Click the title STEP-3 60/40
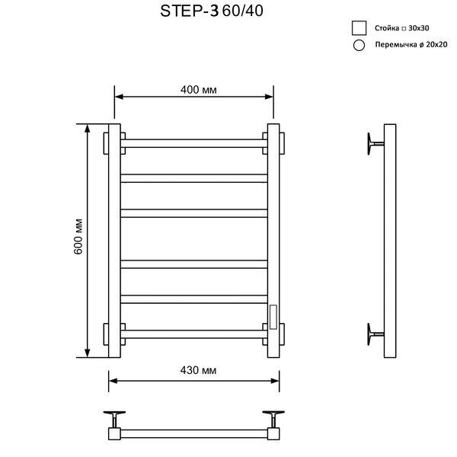click(212, 11)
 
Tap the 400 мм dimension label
click(199, 89)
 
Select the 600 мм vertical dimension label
click(78, 237)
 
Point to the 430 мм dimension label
click(198, 370)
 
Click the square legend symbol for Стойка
click(359, 28)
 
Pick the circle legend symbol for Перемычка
click(359, 46)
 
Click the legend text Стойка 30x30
click(401, 28)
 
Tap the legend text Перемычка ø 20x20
click(411, 45)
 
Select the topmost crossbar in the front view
click(193, 143)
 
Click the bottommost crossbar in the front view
click(193, 334)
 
